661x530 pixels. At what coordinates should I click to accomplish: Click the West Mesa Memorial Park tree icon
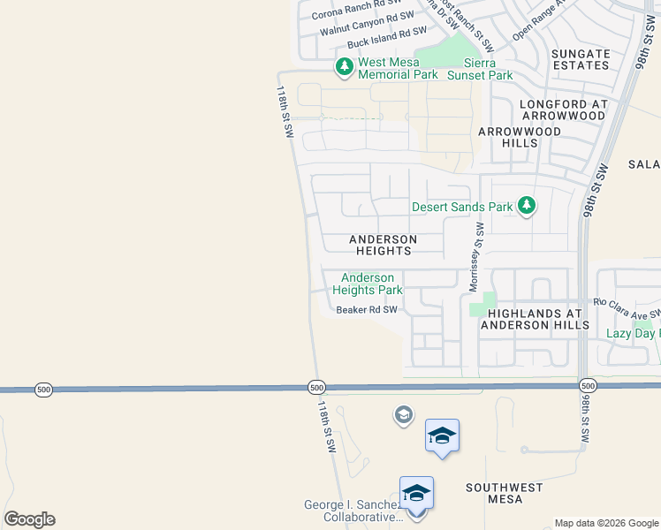344,65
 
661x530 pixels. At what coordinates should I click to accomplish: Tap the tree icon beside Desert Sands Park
527,206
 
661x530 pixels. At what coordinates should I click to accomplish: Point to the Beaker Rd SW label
367,310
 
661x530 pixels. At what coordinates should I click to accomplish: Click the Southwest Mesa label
505,493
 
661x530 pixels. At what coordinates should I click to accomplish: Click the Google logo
29,519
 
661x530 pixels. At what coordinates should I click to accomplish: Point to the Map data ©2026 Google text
605,523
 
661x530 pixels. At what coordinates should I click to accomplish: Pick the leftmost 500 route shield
42,389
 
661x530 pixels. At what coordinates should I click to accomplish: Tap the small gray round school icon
403,414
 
